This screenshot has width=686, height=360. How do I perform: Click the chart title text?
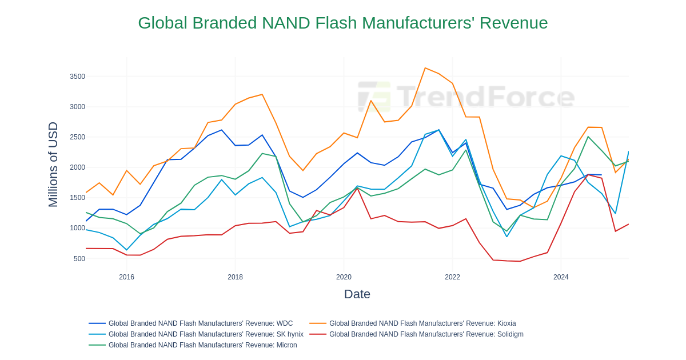point(342,23)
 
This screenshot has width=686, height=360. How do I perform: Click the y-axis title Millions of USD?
point(53,165)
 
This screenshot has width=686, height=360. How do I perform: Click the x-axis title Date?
point(357,294)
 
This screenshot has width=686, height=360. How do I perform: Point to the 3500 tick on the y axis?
point(77,77)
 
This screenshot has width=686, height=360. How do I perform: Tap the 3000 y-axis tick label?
point(77,107)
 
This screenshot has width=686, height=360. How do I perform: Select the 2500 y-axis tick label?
point(77,137)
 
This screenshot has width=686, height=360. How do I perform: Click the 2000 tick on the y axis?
point(77,167)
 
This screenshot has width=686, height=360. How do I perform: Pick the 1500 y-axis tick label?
point(77,198)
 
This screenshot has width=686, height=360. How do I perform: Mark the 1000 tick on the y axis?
point(77,228)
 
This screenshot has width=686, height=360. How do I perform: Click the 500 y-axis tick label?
point(79,259)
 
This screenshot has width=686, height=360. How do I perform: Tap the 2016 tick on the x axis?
point(126,277)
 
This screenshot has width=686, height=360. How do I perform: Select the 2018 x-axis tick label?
point(235,277)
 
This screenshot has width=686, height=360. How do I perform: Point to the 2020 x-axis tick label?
point(344,277)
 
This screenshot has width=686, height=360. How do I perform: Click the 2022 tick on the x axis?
point(452,277)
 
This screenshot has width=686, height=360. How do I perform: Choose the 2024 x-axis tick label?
point(561,277)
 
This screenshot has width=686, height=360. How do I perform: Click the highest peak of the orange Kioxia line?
point(425,68)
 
